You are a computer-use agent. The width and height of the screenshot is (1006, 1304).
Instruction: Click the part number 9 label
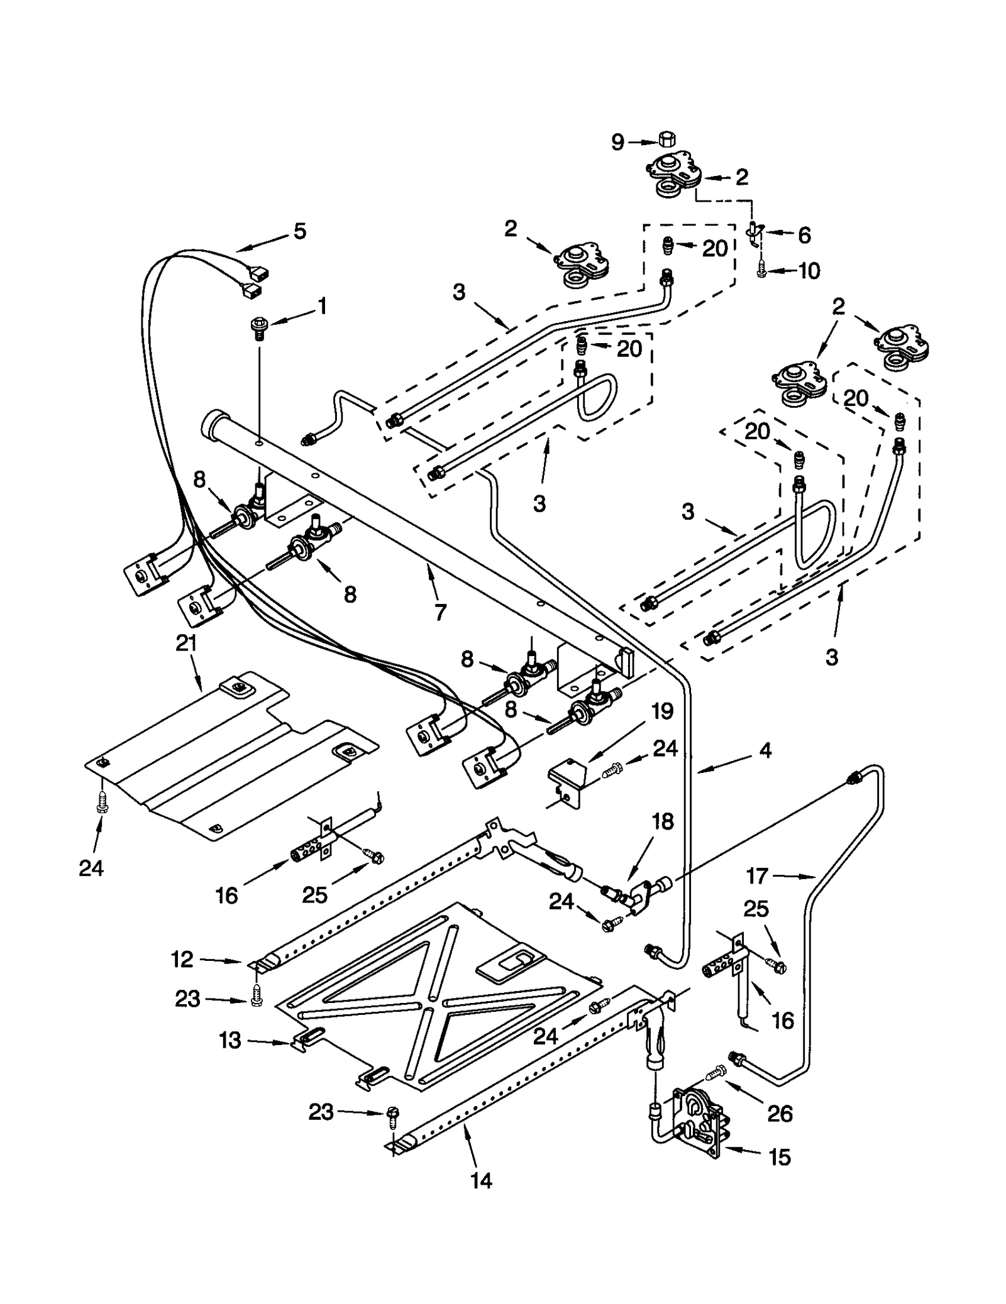pyautogui.click(x=617, y=143)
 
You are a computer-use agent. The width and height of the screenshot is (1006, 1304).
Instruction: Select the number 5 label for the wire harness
pyautogui.click(x=300, y=231)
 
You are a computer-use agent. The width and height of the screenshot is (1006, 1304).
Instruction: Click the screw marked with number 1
pyautogui.click(x=258, y=327)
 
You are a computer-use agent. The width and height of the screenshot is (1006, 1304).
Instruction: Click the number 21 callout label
pyautogui.click(x=186, y=643)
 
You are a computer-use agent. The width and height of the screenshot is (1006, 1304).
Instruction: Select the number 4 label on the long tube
pyautogui.click(x=765, y=750)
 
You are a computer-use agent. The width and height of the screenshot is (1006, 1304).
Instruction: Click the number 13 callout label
pyautogui.click(x=230, y=1040)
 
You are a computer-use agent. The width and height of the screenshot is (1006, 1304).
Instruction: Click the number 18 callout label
pyautogui.click(x=663, y=821)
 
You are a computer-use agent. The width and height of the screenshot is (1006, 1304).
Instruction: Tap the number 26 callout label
pyautogui.click(x=780, y=1113)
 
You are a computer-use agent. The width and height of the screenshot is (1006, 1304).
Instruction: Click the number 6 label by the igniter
pyautogui.click(x=804, y=235)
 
